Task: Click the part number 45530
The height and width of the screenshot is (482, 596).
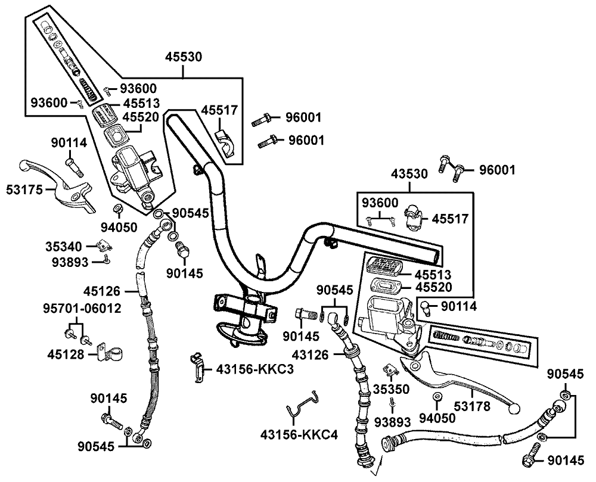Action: pyautogui.click(x=183, y=57)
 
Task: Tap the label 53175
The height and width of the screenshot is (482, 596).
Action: pyautogui.click(x=24, y=189)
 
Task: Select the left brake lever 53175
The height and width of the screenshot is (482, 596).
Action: pyautogui.click(x=56, y=185)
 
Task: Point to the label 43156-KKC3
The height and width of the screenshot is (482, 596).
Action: pyautogui.click(x=255, y=369)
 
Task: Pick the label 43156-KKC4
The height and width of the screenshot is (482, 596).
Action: pyautogui.click(x=299, y=434)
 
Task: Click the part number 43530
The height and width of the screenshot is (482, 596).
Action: pyautogui.click(x=409, y=174)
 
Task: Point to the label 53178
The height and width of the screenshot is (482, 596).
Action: pyautogui.click(x=473, y=406)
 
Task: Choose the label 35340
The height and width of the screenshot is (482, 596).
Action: pyautogui.click(x=64, y=247)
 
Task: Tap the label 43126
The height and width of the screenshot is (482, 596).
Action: pyautogui.click(x=310, y=354)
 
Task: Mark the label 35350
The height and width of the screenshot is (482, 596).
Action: pyautogui.click(x=392, y=389)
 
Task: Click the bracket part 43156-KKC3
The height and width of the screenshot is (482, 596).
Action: pyautogui.click(x=197, y=366)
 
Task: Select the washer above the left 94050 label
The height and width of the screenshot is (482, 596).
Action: pyautogui.click(x=118, y=209)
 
